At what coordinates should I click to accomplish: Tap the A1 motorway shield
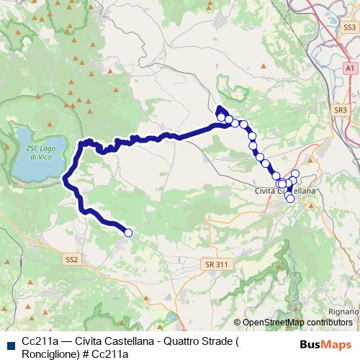tap(349, 67)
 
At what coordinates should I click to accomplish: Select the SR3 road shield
tap(341, 109)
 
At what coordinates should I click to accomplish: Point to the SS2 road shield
tap(71, 259)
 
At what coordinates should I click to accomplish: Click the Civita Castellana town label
tap(285, 191)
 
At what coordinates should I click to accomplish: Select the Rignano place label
tap(343, 311)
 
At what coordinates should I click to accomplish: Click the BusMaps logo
tap(325, 344)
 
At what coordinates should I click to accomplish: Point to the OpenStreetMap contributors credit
tap(297, 322)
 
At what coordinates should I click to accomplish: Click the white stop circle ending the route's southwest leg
tap(128, 233)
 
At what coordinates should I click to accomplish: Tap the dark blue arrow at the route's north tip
tap(219, 109)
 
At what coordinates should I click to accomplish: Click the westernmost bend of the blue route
tap(66, 178)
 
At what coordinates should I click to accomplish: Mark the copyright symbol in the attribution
tap(238, 322)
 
